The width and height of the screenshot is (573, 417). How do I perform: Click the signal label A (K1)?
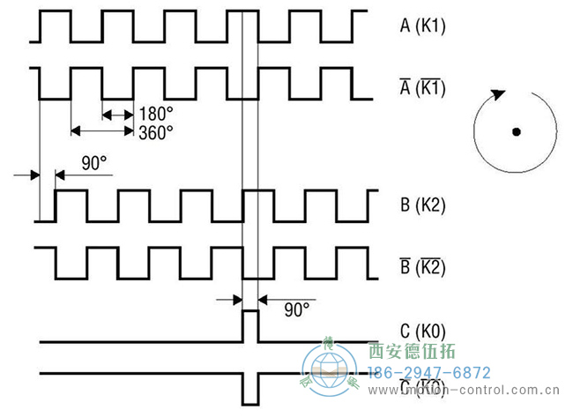pos(423,26)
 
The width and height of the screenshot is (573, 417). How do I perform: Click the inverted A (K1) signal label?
pos(423,87)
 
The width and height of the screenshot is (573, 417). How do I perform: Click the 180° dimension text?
pos(155,114)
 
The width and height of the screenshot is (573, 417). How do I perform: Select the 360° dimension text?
pos(155,131)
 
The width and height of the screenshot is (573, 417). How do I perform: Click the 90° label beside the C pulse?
pos(297,309)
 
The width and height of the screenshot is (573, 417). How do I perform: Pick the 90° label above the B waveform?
pos(93,164)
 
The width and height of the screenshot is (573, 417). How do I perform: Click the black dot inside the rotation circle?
pos(516,132)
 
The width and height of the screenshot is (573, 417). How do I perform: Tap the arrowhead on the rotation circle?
pos(500,93)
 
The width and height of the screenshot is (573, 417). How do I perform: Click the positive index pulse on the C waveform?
pos(249,324)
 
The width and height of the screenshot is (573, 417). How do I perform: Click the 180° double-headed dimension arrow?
pos(117,114)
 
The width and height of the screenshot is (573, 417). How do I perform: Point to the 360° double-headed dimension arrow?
pos(101,130)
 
